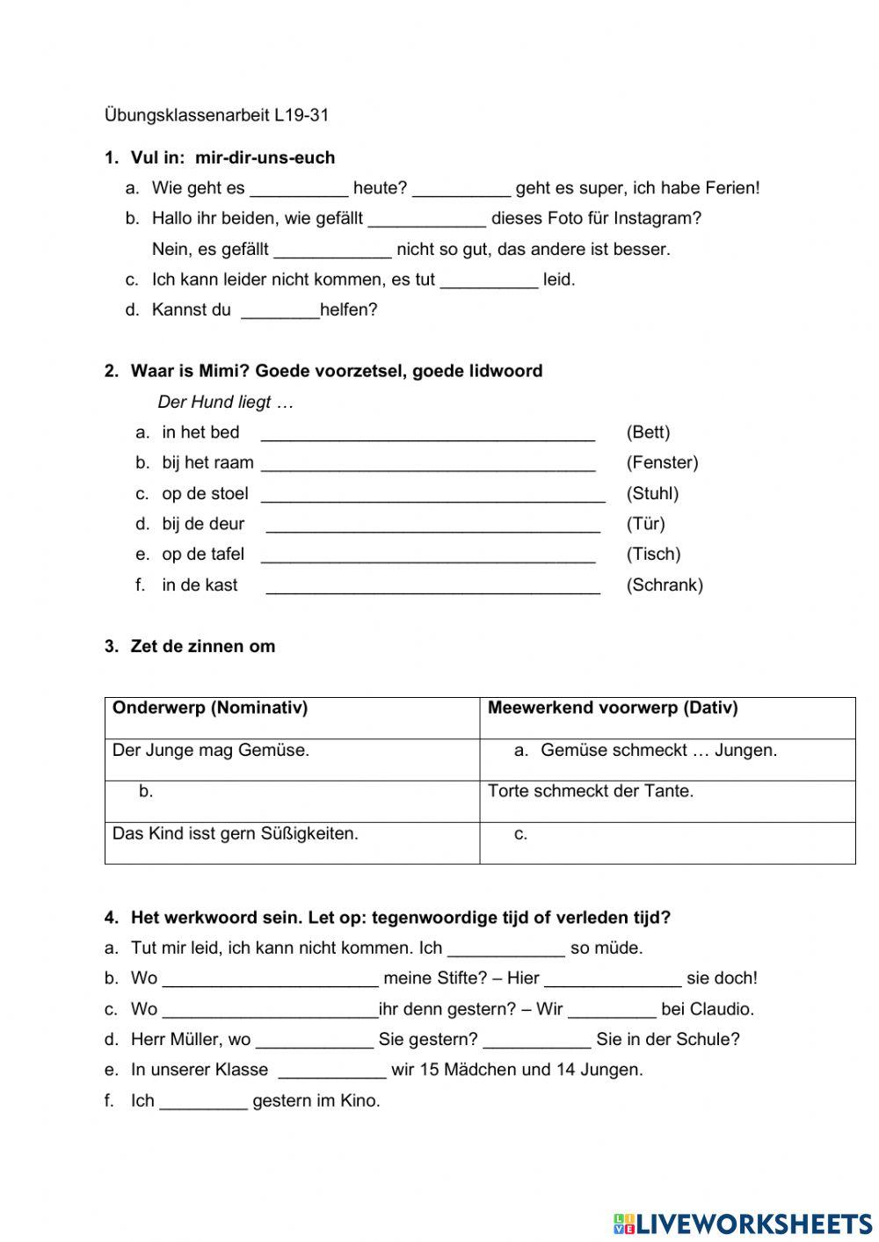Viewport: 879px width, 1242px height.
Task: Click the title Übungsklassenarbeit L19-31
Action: coord(216,115)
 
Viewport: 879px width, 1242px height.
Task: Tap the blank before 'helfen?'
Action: coord(280,310)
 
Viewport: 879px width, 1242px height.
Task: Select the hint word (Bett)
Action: coord(648,432)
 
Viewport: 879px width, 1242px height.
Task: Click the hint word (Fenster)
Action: coord(662,462)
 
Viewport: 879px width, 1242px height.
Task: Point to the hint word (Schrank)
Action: coord(665,585)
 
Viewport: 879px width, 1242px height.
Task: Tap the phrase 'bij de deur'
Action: coord(203,525)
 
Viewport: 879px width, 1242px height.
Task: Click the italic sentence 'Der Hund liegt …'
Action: coord(225,403)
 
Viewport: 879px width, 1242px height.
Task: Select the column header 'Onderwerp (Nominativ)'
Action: coord(210,708)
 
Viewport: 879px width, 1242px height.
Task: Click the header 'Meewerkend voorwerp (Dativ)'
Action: coord(613,708)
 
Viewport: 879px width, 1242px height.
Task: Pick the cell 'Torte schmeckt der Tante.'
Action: coord(591,791)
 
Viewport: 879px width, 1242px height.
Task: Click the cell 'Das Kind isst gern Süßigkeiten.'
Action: coord(236,833)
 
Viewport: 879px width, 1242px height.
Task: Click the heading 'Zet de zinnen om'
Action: coord(202,647)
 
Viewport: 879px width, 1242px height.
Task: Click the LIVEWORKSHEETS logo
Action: coord(743,1224)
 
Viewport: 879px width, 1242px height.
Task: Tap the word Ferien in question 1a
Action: coord(731,188)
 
